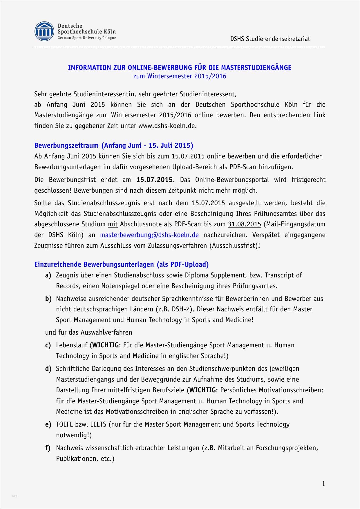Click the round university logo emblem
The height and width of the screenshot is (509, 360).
[44, 31]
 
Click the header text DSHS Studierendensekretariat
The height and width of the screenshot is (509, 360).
[270, 39]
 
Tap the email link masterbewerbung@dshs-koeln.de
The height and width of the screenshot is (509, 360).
[149, 235]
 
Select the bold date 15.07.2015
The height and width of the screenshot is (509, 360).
[154, 180]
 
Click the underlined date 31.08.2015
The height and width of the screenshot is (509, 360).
[244, 224]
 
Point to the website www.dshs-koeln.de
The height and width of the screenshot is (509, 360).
[167, 126]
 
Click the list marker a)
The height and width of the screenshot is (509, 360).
[48, 275]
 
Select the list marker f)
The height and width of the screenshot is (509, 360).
[48, 448]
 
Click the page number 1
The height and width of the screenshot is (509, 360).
[323, 483]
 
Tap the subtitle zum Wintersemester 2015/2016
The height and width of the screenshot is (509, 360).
[180, 76]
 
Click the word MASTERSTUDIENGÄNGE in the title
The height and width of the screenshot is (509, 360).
[256, 68]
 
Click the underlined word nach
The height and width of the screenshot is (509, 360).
[165, 203]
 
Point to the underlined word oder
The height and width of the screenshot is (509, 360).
[148, 286]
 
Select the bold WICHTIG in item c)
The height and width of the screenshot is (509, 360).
[105, 345]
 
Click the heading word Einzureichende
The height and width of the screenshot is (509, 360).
[58, 264]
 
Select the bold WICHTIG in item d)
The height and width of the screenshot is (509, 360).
[202, 390]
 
